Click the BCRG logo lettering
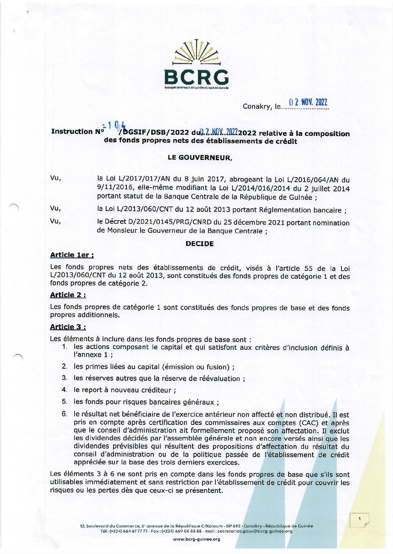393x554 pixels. [196, 77]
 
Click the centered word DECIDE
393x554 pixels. [199, 244]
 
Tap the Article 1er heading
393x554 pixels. [72, 255]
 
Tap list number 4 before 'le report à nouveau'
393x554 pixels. [64, 390]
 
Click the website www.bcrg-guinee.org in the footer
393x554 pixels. [196, 539]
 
